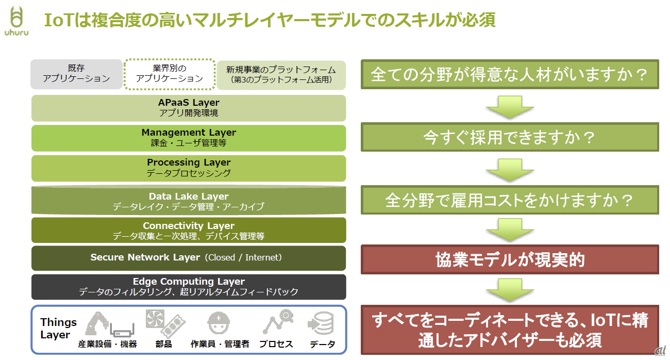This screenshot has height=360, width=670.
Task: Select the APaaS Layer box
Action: (189, 108)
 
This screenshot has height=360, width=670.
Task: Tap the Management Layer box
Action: (189, 138)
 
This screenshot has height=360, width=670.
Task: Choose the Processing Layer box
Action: (189, 168)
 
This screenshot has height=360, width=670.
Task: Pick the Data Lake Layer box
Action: (189, 201)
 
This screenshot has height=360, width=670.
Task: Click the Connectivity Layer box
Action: (189, 231)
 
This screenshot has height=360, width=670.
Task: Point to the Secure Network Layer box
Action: (189, 258)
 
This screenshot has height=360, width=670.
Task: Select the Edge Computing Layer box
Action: (189, 287)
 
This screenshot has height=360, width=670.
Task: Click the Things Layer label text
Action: (58, 329)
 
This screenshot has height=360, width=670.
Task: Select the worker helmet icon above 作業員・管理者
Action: (219, 324)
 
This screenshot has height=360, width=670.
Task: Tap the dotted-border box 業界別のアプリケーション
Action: (170, 74)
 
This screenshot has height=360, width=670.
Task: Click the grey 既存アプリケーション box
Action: (76, 74)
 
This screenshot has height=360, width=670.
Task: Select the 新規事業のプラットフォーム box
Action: (281, 75)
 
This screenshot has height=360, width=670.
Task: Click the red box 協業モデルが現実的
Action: (510, 259)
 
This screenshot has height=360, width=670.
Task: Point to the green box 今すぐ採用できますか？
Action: (510, 137)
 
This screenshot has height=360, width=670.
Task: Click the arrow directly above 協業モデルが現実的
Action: (510, 229)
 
